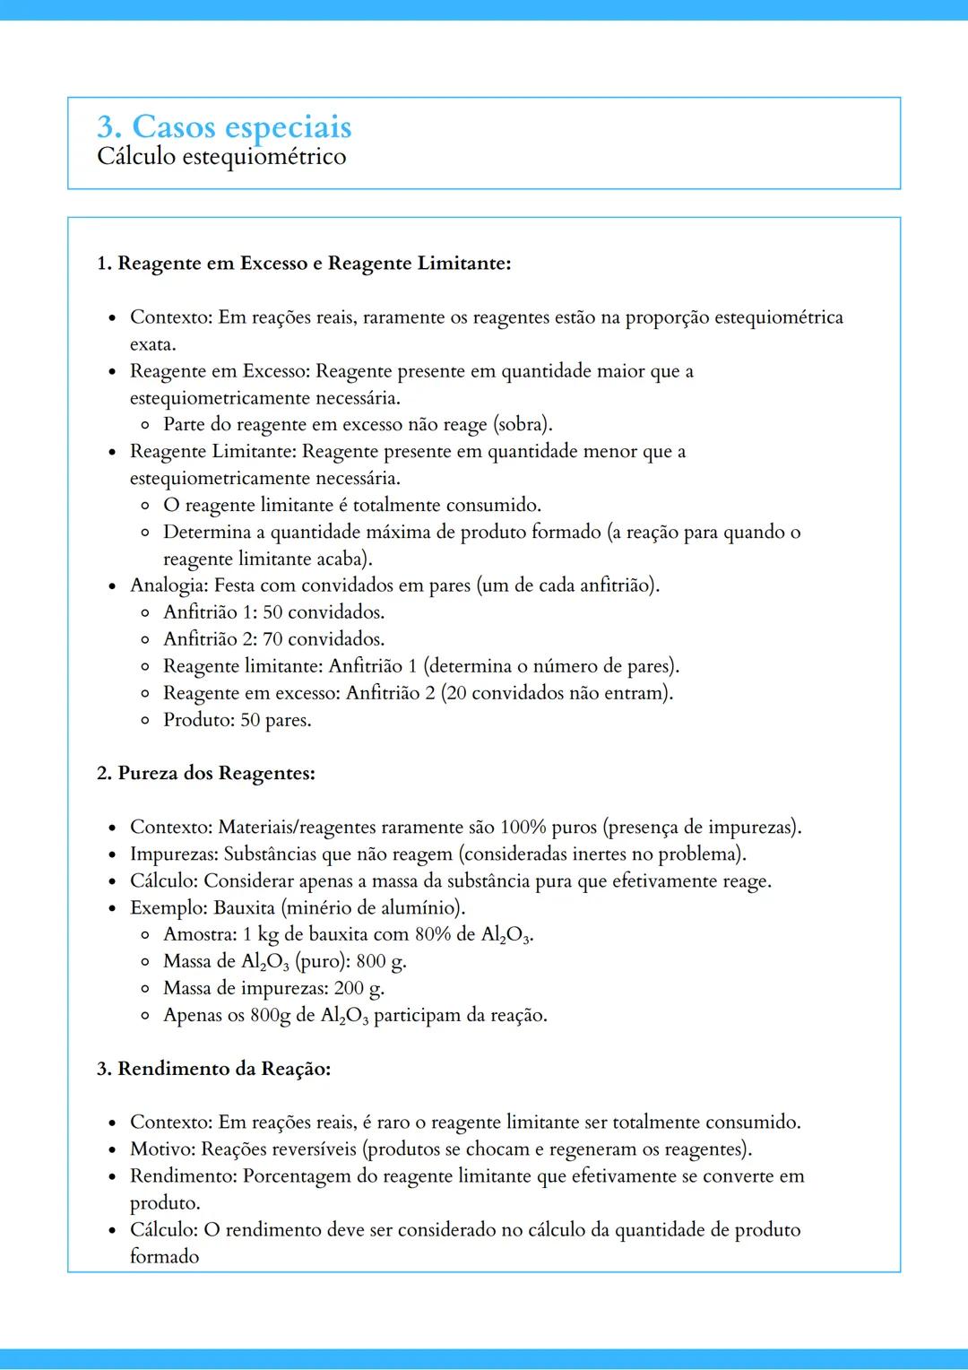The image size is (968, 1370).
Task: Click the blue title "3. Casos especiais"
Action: (x=224, y=126)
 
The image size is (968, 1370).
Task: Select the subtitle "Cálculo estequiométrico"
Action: (x=221, y=157)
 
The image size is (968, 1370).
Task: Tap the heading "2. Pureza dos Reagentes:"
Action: (x=205, y=773)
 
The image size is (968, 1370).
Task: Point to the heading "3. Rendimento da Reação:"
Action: (x=213, y=1069)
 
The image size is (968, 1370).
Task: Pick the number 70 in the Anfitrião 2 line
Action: (x=272, y=639)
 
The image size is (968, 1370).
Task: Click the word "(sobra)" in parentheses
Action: (x=523, y=424)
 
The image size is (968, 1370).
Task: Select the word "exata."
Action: (x=152, y=344)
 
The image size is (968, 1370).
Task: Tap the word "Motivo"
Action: (x=161, y=1149)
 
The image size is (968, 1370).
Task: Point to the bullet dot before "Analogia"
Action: (x=112, y=587)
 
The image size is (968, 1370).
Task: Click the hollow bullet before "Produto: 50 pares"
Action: (x=145, y=720)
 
